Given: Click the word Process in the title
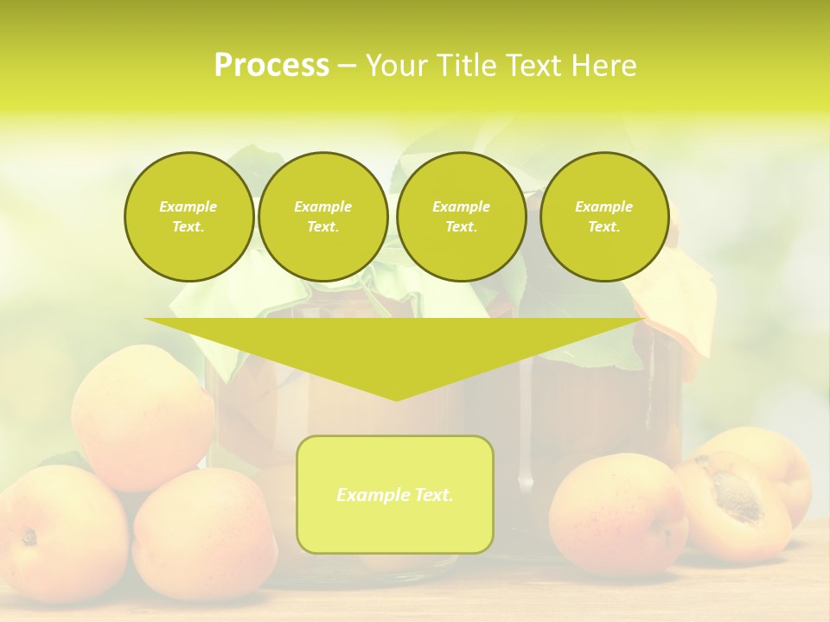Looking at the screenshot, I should click(x=271, y=66).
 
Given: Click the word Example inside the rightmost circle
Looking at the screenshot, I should click(x=603, y=206).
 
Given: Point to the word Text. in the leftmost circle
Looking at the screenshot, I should click(x=188, y=226).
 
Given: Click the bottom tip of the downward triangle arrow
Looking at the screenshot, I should click(x=396, y=398).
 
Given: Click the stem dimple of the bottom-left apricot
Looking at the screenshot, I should click(x=29, y=537).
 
